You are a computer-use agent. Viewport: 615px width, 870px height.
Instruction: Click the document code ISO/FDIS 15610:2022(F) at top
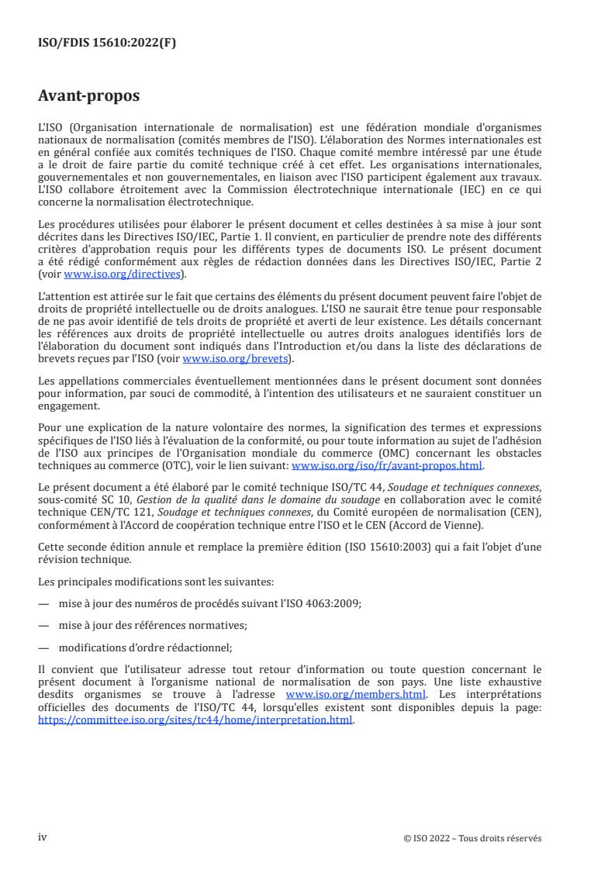click(107, 43)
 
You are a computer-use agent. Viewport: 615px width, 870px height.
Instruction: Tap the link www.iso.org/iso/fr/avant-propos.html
click(386, 466)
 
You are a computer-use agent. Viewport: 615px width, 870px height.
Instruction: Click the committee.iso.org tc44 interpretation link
click(195, 720)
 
